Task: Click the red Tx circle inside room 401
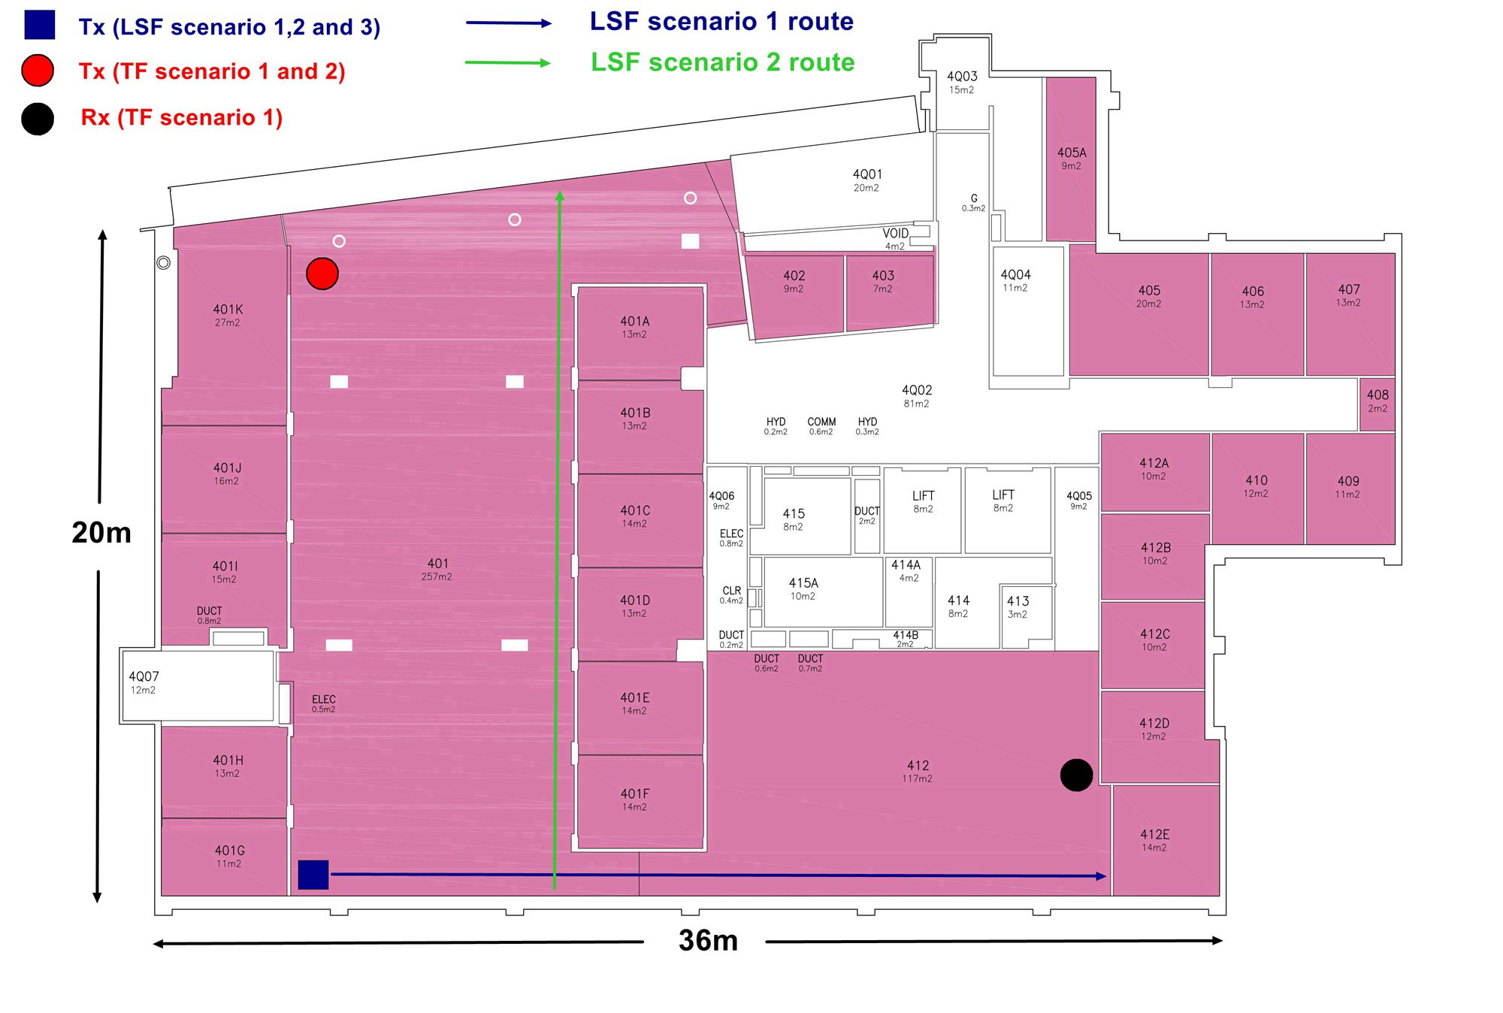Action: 322,274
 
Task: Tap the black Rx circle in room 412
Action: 1076,775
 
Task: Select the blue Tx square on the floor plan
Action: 313,875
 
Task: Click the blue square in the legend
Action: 39,25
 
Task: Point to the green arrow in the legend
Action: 508,63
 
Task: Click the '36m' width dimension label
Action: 708,940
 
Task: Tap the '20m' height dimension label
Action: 101,532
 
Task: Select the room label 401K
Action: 228,310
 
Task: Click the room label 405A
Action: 1072,153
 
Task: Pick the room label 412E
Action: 1154,834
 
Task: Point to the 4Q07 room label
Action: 144,676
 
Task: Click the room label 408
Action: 1377,395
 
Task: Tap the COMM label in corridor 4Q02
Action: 821,422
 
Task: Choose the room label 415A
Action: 803,583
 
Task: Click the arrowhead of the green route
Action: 559,196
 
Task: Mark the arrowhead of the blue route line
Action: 1101,875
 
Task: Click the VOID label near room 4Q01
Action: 895,234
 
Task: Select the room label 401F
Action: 635,794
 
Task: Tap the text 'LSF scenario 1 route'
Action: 721,21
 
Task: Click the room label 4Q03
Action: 962,77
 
